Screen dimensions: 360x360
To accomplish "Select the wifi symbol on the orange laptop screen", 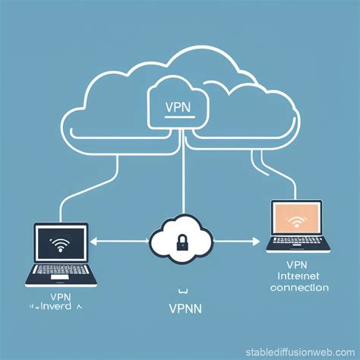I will pyautogui.click(x=296, y=223).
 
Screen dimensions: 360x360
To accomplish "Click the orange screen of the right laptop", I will pyautogui.click(x=296, y=219).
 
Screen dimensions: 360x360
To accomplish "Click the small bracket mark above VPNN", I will pyautogui.click(x=181, y=291).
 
